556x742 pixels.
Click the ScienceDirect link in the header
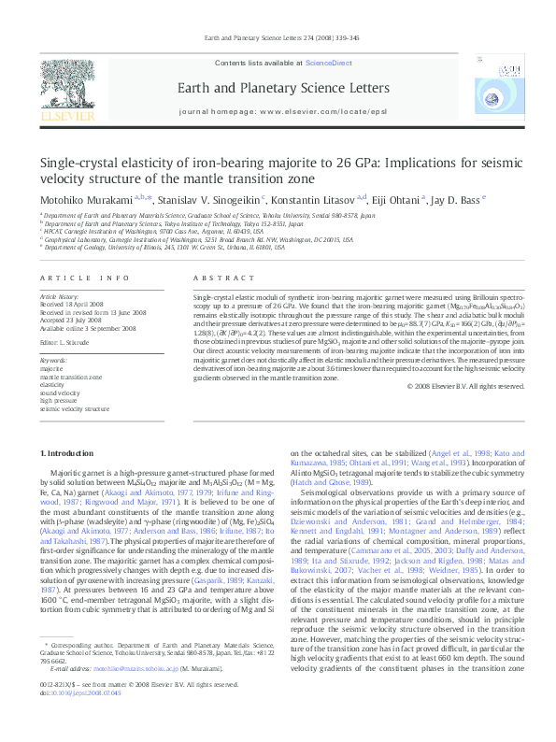point(329,62)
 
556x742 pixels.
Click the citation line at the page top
point(278,38)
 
